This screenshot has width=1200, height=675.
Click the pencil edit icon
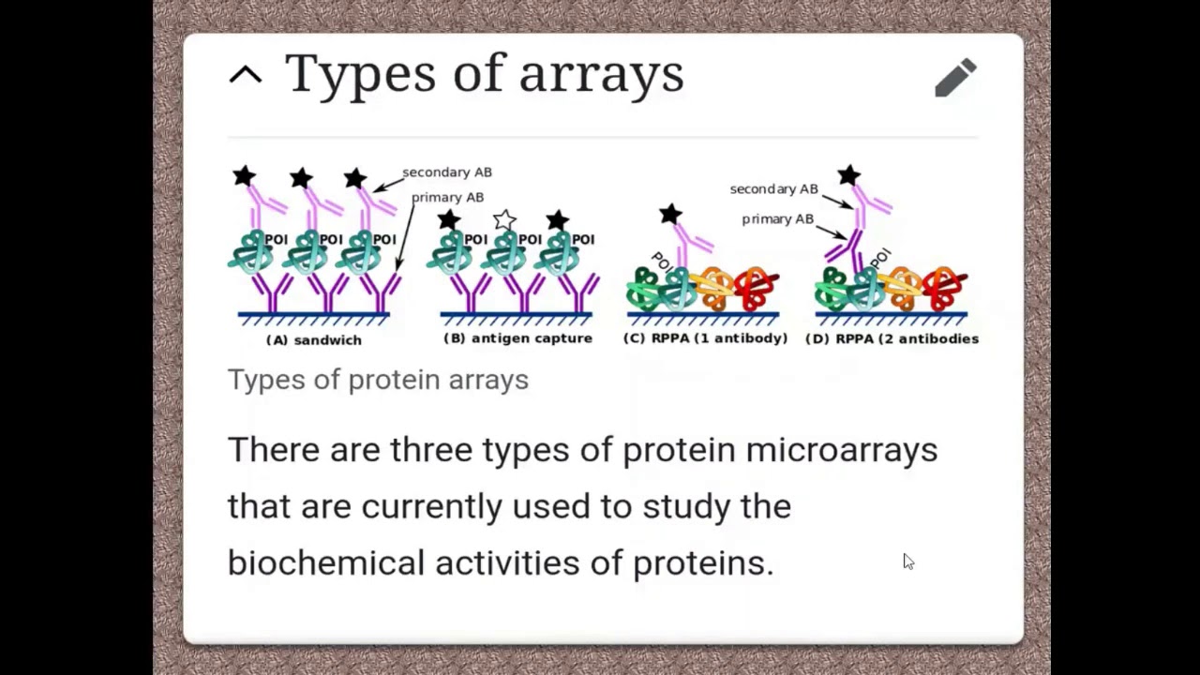[955, 78]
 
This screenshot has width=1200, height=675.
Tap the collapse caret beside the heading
[246, 76]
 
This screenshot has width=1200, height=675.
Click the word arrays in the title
[601, 75]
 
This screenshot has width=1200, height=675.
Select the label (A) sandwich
[314, 340]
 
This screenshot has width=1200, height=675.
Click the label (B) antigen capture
[517, 338]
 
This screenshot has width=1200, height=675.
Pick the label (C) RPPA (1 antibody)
[705, 338]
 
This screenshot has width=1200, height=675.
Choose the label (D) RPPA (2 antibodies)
[892, 338]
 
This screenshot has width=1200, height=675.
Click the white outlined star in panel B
[504, 220]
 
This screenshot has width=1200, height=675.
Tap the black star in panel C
[670, 215]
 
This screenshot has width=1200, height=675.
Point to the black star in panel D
[849, 175]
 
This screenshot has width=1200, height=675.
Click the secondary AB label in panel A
[447, 172]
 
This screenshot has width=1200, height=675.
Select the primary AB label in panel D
[777, 219]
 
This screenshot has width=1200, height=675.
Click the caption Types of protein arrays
[378, 380]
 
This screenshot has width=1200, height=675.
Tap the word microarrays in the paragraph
[842, 450]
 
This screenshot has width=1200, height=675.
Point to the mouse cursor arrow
[907, 561]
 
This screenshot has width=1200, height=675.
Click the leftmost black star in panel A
[244, 176]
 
